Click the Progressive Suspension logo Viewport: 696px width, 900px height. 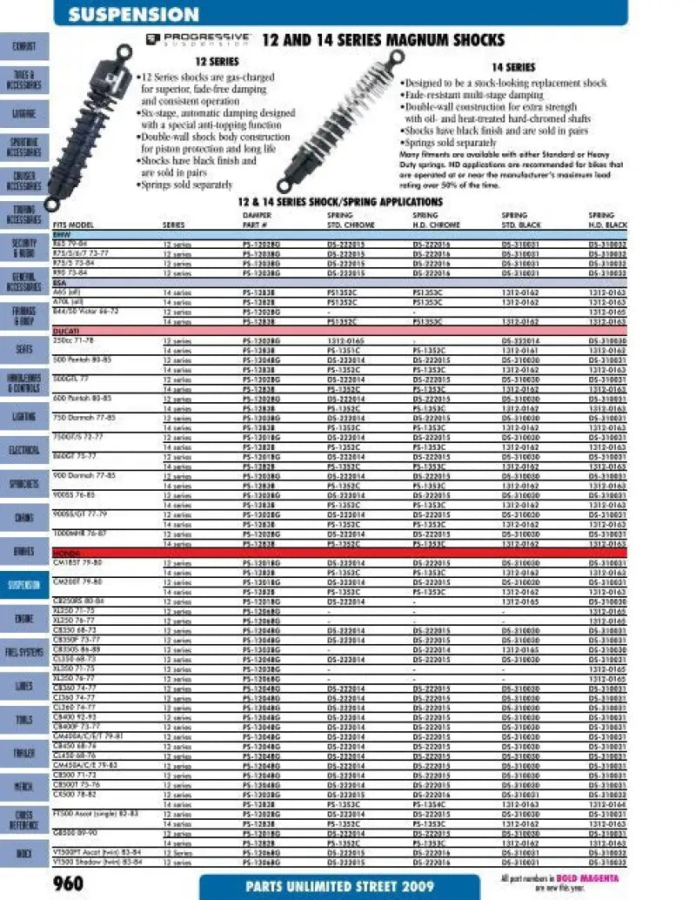pos(198,39)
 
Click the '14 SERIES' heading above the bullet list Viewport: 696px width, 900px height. pos(513,67)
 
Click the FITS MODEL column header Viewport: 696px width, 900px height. pos(73,225)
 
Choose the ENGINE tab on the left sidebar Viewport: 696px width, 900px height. pos(23,618)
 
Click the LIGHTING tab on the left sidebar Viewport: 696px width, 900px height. pos(23,417)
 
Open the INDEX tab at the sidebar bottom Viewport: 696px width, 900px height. pos(23,853)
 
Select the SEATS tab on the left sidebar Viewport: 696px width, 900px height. pos(23,349)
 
